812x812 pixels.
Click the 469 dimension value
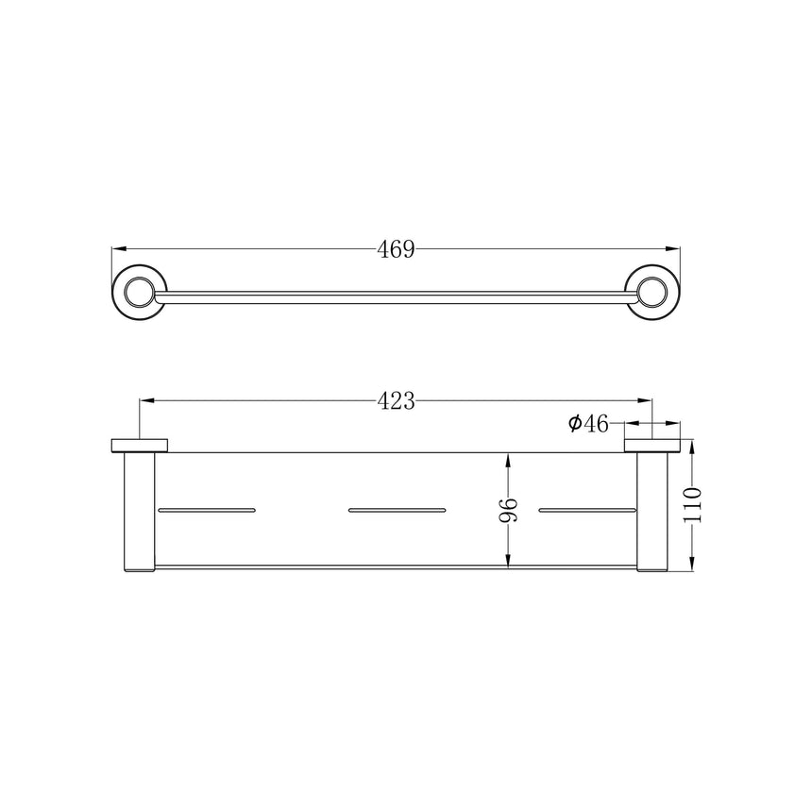point(396,249)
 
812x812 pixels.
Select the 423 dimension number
point(396,401)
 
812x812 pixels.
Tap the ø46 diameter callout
point(588,424)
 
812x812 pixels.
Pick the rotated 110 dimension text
point(692,505)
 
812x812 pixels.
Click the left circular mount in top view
point(140,292)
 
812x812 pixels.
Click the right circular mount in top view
point(652,292)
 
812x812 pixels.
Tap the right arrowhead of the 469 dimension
point(673,249)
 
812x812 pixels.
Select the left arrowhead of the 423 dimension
point(147,400)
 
